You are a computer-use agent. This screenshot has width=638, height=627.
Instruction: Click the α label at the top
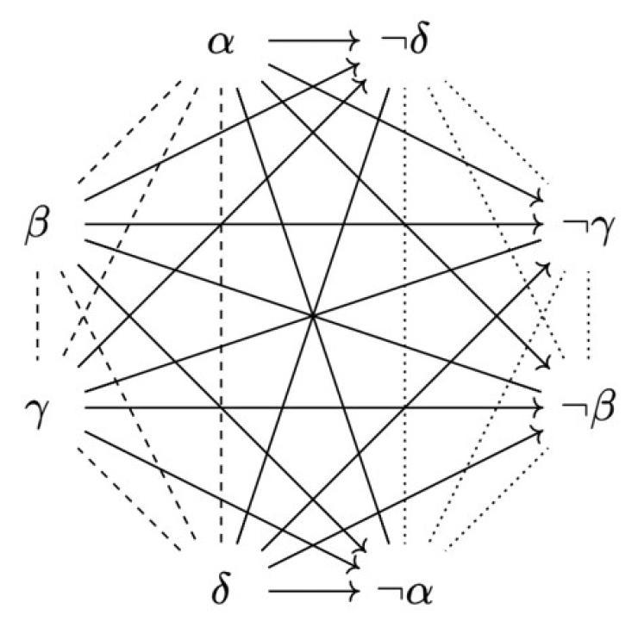point(221,43)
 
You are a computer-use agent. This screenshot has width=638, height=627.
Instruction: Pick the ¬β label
point(588,407)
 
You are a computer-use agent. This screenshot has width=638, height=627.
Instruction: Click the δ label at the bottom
point(222,589)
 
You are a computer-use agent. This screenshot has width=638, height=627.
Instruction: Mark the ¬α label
point(405,593)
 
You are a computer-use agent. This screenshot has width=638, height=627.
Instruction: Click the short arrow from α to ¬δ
point(314,40)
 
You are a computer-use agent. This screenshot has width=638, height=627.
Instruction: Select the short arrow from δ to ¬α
point(314,591)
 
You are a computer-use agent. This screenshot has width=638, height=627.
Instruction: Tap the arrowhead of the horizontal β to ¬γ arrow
point(539,224)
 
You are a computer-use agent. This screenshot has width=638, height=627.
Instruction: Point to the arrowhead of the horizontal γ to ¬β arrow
point(539,407)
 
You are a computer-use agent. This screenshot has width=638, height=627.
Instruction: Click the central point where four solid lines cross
point(312,315)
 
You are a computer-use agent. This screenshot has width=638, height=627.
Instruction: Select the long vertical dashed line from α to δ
point(221,315)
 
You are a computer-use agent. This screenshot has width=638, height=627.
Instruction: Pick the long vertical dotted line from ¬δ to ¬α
point(404,315)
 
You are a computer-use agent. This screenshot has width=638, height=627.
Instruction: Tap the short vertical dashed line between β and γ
point(37,315)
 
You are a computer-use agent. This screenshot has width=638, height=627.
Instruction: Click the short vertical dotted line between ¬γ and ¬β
point(588,315)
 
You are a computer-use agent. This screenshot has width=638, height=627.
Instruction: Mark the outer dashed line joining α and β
point(129,132)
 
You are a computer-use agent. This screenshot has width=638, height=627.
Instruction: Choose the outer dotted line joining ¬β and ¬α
point(497,500)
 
